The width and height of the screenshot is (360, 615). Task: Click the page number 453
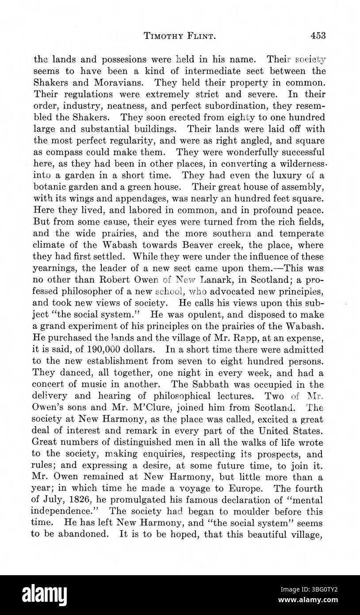pos(318,36)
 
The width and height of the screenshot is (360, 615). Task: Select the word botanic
pos(50,186)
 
